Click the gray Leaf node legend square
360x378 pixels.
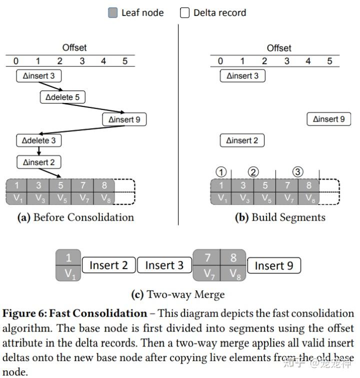click(x=113, y=13)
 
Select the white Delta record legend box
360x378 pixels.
click(x=184, y=13)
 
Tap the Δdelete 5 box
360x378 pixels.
click(x=62, y=97)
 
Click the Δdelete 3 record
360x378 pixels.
click(x=39, y=140)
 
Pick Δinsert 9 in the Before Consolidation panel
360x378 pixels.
click(x=124, y=119)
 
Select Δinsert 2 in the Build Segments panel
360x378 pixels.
click(x=242, y=140)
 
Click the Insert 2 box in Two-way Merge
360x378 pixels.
click(x=108, y=265)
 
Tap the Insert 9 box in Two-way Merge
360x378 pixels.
click(x=274, y=265)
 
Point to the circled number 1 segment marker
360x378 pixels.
click(x=221, y=172)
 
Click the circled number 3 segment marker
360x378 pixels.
click(x=297, y=172)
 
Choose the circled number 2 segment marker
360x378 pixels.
click(x=253, y=172)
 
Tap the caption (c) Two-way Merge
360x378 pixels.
click(x=177, y=294)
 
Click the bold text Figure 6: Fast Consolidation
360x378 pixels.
click(x=75, y=313)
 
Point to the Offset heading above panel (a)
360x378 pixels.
click(x=74, y=47)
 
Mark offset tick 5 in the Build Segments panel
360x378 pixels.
click(x=329, y=61)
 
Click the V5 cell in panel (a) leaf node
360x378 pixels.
click(x=60, y=197)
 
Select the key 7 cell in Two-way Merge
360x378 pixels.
click(x=206, y=257)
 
